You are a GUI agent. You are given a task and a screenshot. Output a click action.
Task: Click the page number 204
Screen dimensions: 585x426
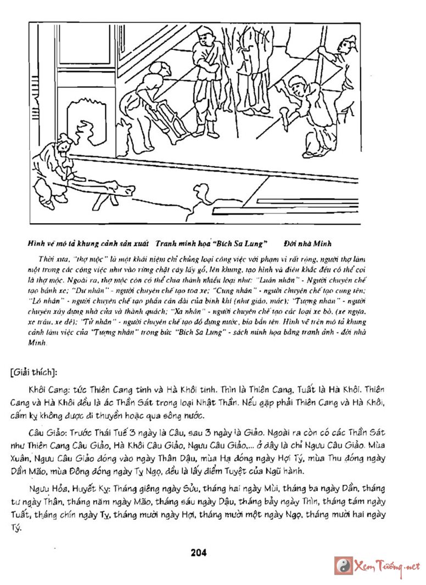[x=199, y=553]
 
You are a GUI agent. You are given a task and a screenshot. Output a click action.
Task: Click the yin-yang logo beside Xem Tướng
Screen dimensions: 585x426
[x=344, y=566]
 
